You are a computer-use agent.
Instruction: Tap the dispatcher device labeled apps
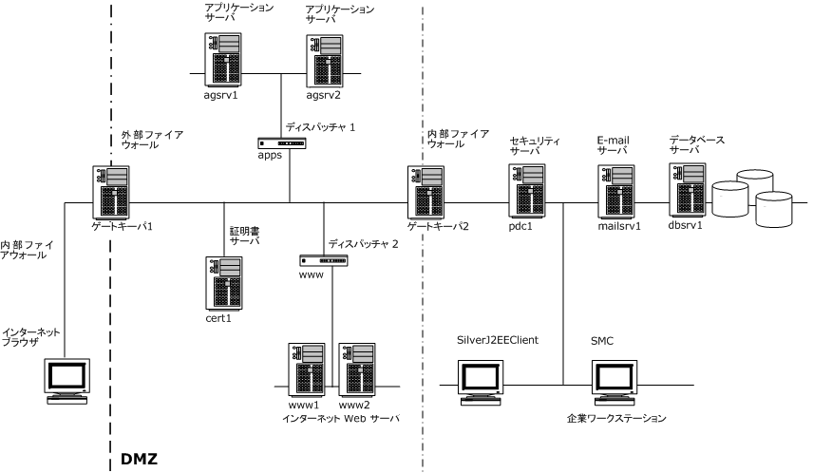[282, 143]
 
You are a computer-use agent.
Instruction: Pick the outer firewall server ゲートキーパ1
[110, 192]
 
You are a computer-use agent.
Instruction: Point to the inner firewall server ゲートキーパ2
[425, 192]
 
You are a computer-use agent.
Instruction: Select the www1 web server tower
[304, 369]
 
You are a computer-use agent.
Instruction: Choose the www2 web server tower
[354, 369]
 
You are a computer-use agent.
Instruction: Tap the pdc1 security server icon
[525, 190]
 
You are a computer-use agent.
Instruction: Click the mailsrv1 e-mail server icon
[616, 190]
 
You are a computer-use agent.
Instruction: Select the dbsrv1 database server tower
[688, 190]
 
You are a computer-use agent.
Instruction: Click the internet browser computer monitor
[69, 381]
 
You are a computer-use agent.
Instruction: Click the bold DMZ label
[139, 459]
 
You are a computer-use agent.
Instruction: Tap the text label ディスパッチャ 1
[320, 127]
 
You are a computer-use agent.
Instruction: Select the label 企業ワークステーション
[615, 418]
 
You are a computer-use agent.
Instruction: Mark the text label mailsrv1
[618, 226]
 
